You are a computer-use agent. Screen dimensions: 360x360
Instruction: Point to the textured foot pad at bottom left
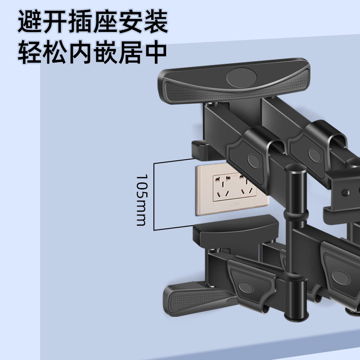click(x=193, y=297)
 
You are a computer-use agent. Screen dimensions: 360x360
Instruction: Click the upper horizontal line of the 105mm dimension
click(x=175, y=162)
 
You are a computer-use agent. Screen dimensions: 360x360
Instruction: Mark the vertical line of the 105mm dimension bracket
click(x=154, y=196)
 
